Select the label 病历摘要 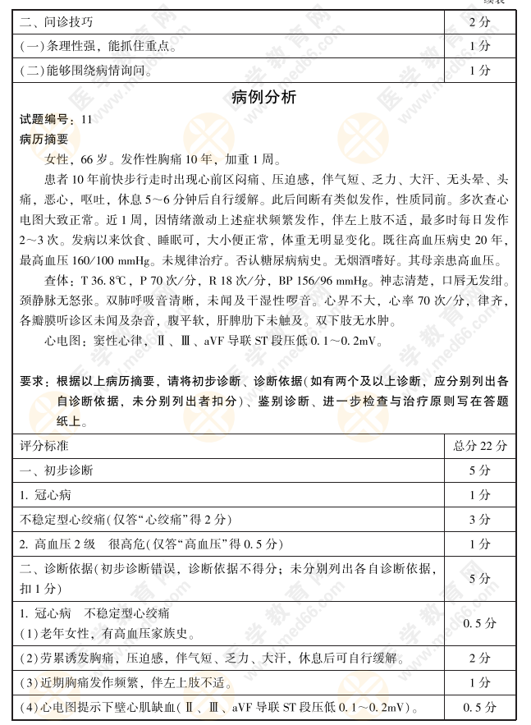(x=44, y=140)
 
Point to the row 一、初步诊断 (x=57, y=470)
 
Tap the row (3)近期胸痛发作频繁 (x=108, y=683)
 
